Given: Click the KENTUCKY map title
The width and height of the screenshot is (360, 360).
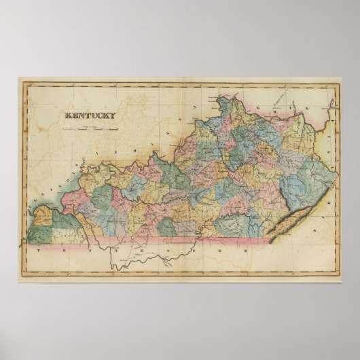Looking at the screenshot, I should [90, 115].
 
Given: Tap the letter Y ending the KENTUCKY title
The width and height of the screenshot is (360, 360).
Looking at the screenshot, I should [113, 115].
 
